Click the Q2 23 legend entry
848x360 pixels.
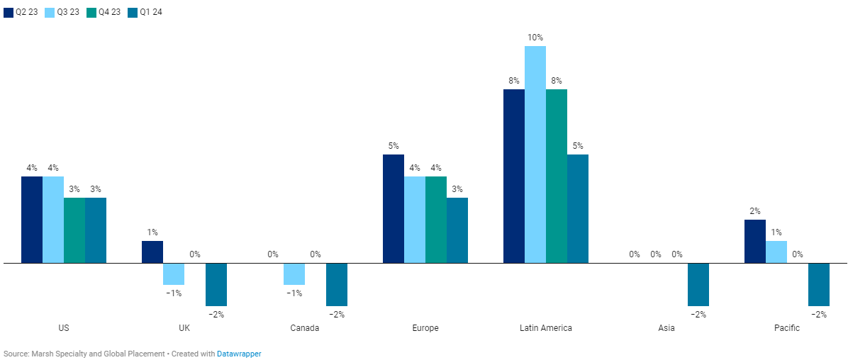point(21,12)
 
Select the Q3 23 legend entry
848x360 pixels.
point(62,12)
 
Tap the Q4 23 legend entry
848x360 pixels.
point(104,12)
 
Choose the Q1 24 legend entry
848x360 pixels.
point(145,12)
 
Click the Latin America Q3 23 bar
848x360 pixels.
point(535,154)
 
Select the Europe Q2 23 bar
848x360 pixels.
point(394,208)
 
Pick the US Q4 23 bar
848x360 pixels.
point(74,230)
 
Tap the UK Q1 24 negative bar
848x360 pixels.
point(216,284)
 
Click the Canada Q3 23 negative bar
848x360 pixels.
point(294,274)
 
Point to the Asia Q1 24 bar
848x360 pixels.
point(698,284)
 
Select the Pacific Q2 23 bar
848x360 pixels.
point(755,241)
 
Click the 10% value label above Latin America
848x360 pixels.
point(535,37)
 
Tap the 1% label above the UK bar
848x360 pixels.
point(152,232)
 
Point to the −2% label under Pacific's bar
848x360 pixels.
point(819,315)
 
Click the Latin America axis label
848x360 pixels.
point(545,328)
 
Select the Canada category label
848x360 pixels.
point(305,328)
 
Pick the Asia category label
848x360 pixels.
point(666,328)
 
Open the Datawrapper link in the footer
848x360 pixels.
point(239,353)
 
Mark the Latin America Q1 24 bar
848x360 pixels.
point(578,208)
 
